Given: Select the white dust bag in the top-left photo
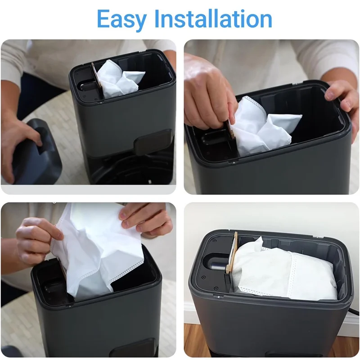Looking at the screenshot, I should tap(118, 78).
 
